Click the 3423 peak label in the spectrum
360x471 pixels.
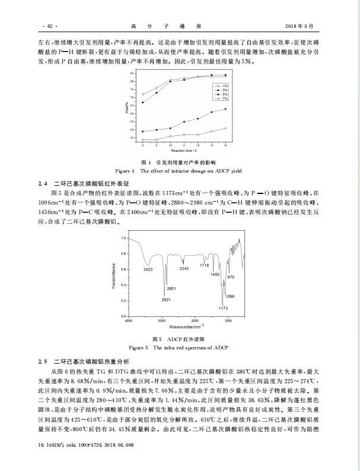pyautogui.click(x=147, y=270)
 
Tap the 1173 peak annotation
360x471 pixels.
pyautogui.click(x=223, y=308)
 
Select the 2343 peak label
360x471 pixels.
pyautogui.click(x=184, y=269)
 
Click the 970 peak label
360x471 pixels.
pyautogui.click(x=231, y=277)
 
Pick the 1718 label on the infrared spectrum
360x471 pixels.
pyautogui.click(x=203, y=265)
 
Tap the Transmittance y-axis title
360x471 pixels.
pyautogui.click(x=113, y=275)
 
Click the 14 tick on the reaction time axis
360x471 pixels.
pyautogui.click(x=226, y=146)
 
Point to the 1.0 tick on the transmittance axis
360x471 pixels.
pyautogui.click(x=123, y=238)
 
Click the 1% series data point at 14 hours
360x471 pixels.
pyautogui.click(x=226, y=128)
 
